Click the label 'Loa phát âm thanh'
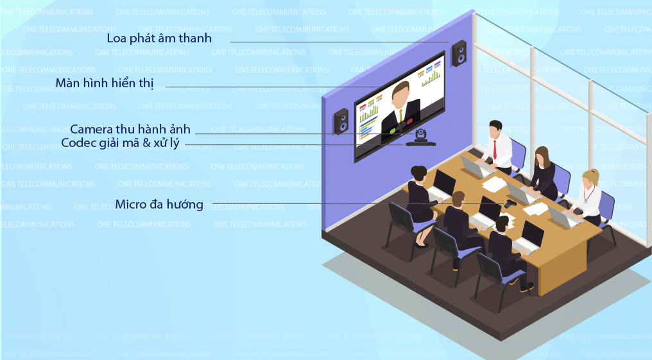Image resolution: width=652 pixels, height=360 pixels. [159, 39]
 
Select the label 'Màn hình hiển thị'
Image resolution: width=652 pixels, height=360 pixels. [105, 83]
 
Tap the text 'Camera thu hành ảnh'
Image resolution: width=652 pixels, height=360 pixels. [130, 129]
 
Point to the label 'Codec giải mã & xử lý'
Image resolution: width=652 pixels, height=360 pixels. [120, 143]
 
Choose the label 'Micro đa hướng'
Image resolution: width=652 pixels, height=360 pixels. [159, 205]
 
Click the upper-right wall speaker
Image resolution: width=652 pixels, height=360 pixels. [459, 53]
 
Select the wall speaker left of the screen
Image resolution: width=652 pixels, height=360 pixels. [341, 121]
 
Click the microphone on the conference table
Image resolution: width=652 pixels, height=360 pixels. [510, 203]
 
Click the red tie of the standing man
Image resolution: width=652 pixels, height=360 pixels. [495, 150]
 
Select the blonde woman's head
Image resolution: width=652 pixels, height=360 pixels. [590, 179]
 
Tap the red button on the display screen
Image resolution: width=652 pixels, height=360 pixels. [409, 122]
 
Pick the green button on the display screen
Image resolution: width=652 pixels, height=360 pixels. [393, 130]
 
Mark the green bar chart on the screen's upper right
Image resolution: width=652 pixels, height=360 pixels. [431, 78]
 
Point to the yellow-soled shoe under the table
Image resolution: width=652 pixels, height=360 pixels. [526, 287]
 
